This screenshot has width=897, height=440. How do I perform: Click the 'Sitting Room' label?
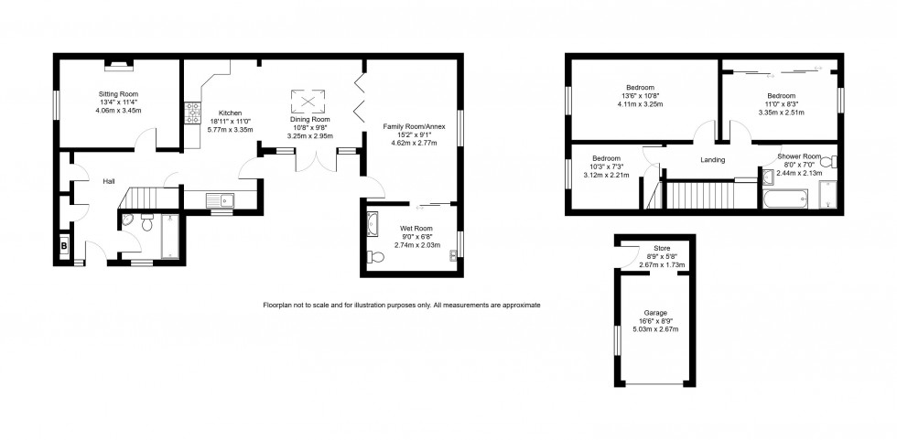(x=117, y=93)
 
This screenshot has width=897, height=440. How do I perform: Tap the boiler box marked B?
(x=64, y=246)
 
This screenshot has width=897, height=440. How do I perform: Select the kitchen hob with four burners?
(x=193, y=113)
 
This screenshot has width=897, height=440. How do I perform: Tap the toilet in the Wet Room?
(x=373, y=257)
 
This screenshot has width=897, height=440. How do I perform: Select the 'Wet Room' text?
(x=416, y=229)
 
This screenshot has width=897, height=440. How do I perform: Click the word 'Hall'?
(x=109, y=182)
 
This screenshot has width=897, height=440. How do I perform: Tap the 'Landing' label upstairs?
(x=712, y=160)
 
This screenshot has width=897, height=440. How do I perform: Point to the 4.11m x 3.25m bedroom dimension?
(x=641, y=104)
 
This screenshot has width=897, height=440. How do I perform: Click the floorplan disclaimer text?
(x=402, y=304)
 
